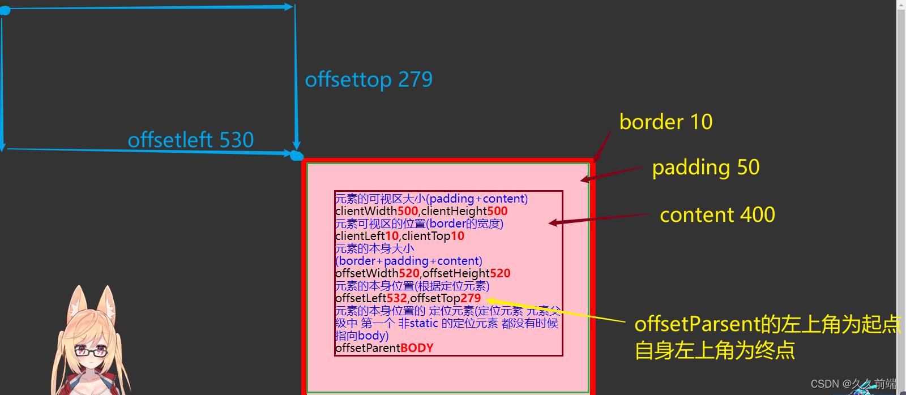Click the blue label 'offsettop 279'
[369, 80]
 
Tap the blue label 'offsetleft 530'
[191, 140]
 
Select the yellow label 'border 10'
[666, 122]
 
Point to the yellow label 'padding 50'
[706, 168]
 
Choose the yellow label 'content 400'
[717, 215]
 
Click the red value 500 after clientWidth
[408, 211]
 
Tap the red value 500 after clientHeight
[497, 211]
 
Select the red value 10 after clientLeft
[392, 236]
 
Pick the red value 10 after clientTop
[458, 236]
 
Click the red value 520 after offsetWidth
[409, 273]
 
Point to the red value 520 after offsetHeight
[500, 273]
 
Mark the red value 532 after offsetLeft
[396, 298]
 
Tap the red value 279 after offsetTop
[471, 298]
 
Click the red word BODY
[417, 348]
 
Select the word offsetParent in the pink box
[367, 348]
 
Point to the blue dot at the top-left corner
[5, 10]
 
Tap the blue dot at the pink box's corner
[296, 156]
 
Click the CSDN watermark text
[853, 384]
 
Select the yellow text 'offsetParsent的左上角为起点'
[767, 324]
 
